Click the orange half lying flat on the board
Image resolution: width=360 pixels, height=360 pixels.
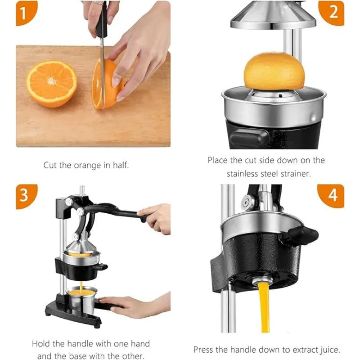point(51,84)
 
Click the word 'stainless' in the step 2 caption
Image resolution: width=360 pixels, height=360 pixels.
point(243,174)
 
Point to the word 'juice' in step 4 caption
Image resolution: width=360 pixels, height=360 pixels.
point(328,349)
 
